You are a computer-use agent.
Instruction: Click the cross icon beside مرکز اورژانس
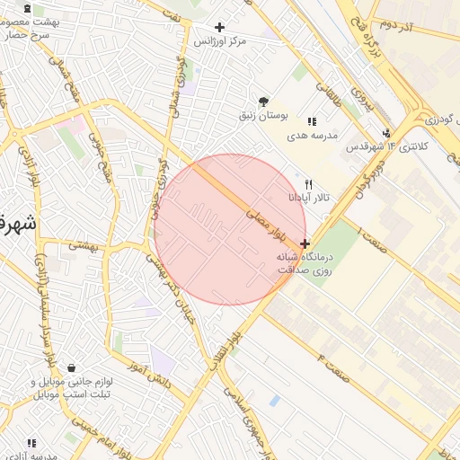tap(219, 28)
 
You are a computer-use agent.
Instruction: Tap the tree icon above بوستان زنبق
tap(262, 102)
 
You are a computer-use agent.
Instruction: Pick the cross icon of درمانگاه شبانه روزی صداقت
tap(305, 243)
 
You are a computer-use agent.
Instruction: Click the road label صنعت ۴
tap(334, 366)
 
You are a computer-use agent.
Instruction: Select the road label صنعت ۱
tap(372, 241)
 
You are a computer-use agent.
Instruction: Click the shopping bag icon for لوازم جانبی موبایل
tap(71, 368)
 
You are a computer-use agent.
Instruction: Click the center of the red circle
tap(230, 229)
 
